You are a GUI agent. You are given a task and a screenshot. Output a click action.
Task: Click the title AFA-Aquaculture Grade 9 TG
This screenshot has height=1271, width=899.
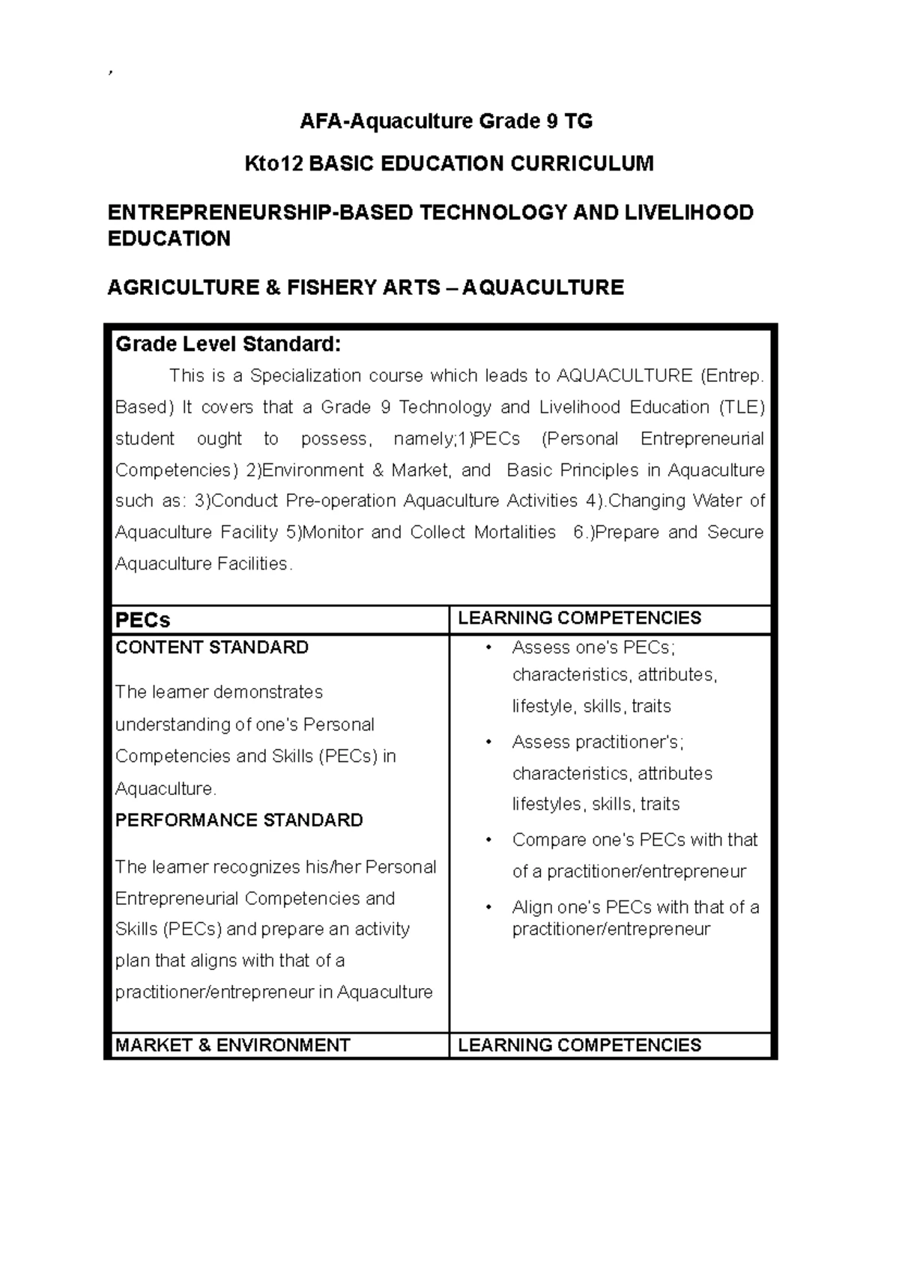click(446, 121)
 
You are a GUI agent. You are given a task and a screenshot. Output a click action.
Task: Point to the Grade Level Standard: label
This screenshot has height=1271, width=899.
click(228, 344)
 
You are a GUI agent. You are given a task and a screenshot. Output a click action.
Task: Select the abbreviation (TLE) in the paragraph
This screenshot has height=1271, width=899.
click(742, 407)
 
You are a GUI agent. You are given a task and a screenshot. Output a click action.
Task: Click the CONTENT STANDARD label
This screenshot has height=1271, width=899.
click(212, 647)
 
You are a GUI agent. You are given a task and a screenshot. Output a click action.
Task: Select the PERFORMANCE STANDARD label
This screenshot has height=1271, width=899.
click(239, 820)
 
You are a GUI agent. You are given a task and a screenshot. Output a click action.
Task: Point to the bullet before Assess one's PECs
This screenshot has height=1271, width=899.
click(488, 648)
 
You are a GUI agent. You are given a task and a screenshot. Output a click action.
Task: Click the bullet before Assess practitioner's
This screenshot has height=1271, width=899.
click(488, 743)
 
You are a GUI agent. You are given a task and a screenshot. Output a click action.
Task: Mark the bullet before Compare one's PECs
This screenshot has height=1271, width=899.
click(488, 841)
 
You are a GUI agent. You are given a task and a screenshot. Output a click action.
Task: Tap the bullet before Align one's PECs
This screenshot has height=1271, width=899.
click(488, 908)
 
